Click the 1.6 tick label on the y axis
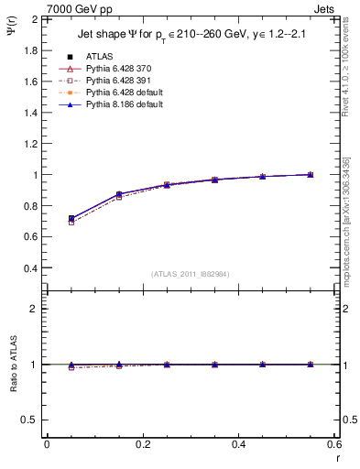click(x=30, y=82)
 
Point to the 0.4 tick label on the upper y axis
click(x=30, y=268)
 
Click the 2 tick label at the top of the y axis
click(x=35, y=19)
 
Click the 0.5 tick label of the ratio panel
click(x=30, y=420)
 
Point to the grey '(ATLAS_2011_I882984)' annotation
click(x=190, y=274)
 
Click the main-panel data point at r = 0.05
click(x=71, y=219)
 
